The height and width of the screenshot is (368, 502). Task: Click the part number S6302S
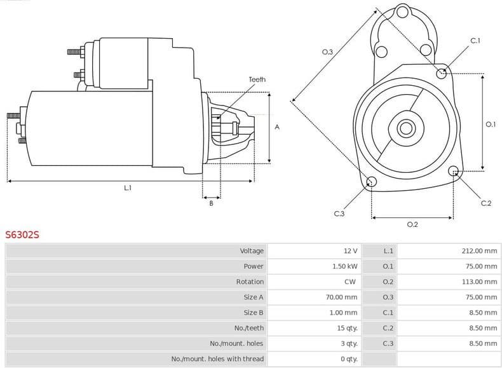(x=22, y=235)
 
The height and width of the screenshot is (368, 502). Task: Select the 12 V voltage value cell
(x=350, y=251)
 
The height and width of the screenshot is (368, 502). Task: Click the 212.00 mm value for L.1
(x=479, y=251)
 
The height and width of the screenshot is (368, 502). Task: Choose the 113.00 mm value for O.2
(x=479, y=282)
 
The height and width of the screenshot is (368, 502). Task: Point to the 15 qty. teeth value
(x=348, y=328)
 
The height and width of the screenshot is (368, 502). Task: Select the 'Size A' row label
(x=253, y=297)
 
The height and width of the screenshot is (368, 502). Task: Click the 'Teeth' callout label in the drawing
(x=257, y=79)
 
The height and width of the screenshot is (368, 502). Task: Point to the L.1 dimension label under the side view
(x=128, y=187)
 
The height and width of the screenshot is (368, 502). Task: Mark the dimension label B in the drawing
(x=211, y=203)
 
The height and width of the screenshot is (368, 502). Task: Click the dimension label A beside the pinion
(x=277, y=127)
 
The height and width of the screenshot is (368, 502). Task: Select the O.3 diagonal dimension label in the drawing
(x=328, y=52)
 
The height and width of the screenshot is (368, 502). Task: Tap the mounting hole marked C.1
(x=442, y=73)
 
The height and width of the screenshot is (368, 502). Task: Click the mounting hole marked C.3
(x=372, y=183)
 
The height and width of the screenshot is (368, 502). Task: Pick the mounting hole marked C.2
(x=454, y=171)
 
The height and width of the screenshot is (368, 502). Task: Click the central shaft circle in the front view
(x=405, y=128)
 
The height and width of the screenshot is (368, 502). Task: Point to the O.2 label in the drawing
(x=412, y=224)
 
